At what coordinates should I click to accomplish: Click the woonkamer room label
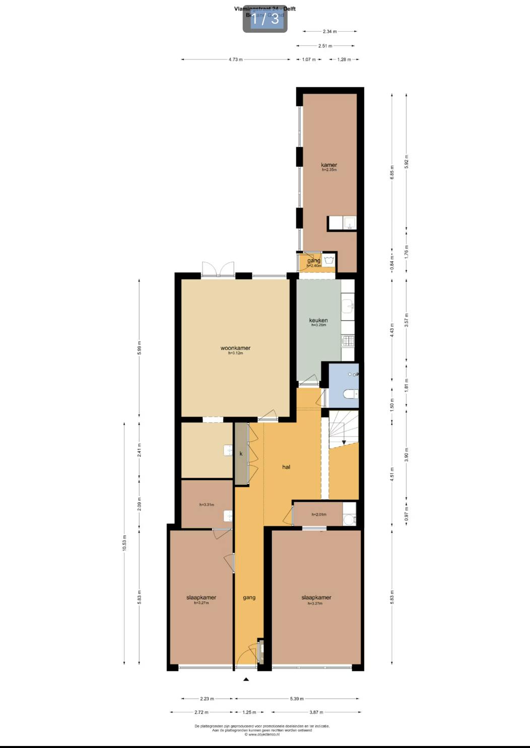[235, 348]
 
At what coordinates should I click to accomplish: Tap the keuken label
[318, 320]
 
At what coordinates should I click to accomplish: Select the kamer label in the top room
[329, 165]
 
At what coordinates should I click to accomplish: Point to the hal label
[286, 467]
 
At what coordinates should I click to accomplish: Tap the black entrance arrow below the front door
[246, 680]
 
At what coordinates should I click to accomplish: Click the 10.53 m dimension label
[124, 543]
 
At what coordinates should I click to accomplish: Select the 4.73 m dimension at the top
[235, 59]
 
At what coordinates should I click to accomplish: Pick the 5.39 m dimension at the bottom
[297, 699]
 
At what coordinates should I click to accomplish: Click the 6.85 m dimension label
[392, 172]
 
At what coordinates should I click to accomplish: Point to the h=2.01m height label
[319, 514]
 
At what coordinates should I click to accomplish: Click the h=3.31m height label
[207, 504]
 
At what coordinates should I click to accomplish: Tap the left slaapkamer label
[201, 597]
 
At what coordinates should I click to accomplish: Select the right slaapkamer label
[316, 597]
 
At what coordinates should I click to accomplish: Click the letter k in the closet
[241, 454]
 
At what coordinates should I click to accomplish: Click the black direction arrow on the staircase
[344, 442]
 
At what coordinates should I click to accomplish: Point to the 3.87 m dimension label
[316, 712]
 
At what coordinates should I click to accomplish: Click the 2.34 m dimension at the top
[330, 31]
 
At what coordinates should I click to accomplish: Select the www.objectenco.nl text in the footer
[262, 734]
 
